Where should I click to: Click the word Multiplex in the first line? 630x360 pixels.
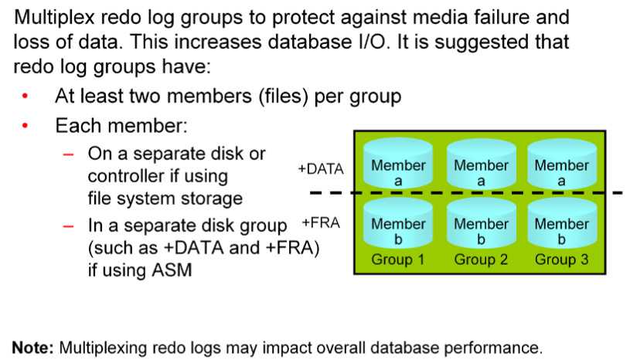point(54,18)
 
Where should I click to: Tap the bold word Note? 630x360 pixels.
point(32,347)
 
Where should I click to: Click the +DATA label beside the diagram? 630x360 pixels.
point(321,169)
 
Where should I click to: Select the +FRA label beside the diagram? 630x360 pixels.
point(321,222)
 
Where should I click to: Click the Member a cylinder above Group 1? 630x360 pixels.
point(398,164)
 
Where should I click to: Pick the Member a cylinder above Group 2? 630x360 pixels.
point(481,164)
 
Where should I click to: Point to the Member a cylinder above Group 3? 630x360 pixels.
point(562,164)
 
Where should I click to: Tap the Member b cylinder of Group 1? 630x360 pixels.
point(398,223)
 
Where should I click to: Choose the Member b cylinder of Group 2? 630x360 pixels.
point(481,223)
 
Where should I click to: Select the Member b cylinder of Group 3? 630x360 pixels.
point(562,223)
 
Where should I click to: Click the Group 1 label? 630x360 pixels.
point(398,260)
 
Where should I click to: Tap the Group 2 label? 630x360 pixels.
point(481,260)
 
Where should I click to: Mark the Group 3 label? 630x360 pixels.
point(562,260)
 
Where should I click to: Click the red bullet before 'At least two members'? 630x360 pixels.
point(26,96)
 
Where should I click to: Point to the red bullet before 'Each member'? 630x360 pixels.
point(26,126)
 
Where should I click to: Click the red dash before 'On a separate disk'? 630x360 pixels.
point(68,154)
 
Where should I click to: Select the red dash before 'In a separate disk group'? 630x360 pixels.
point(68,226)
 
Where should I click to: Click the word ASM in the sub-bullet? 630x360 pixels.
point(172,270)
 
